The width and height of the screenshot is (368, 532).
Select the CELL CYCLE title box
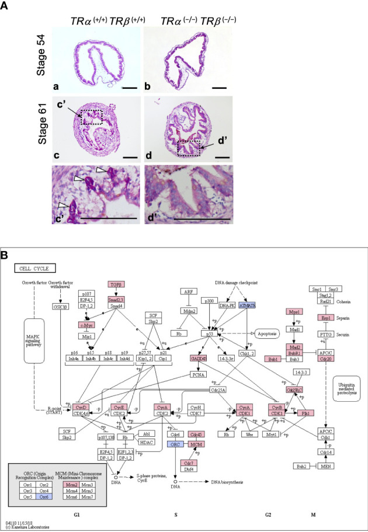[35, 269]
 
